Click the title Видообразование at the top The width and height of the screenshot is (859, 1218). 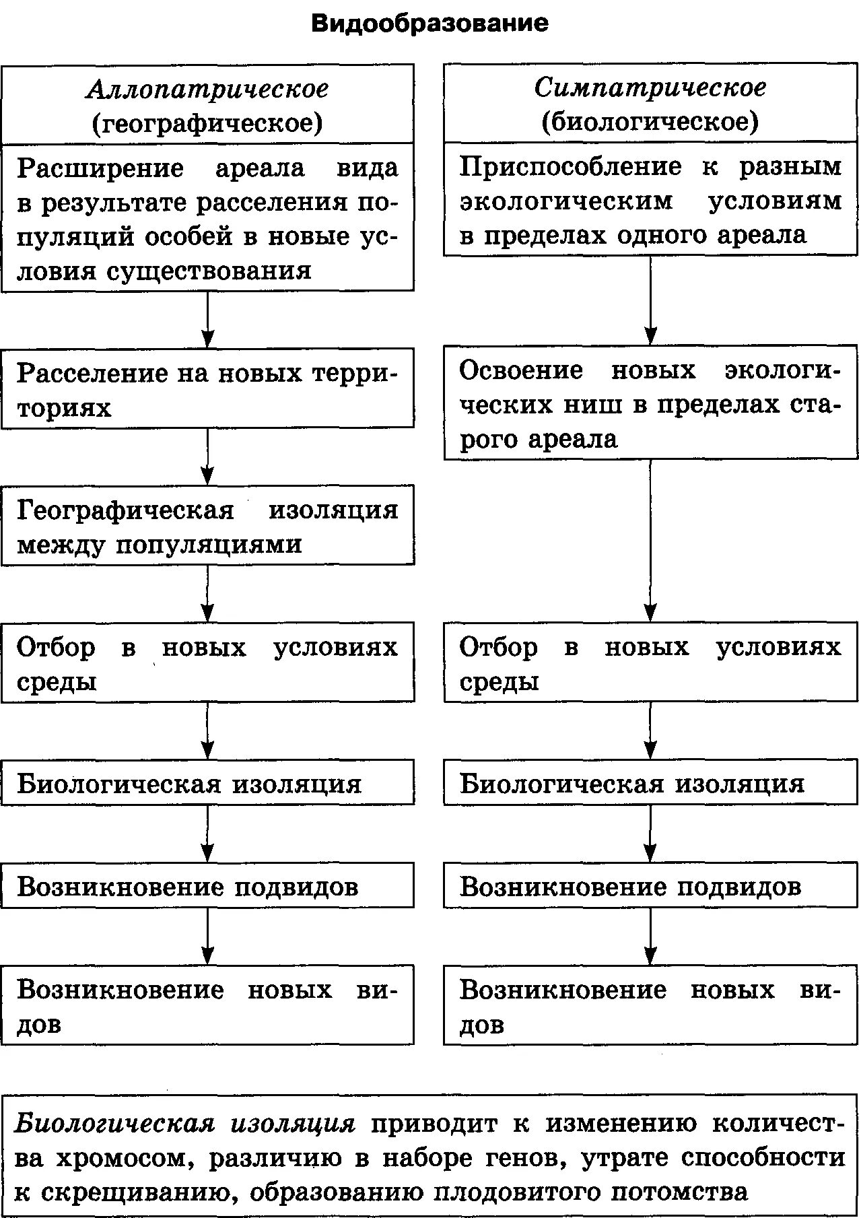click(429, 24)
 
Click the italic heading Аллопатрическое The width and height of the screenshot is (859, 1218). click(207, 89)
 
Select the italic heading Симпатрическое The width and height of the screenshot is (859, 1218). click(650, 88)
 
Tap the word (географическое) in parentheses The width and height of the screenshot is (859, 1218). click(207, 123)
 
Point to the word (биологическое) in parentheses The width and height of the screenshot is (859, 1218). click(650, 122)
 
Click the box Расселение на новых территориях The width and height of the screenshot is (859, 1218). click(207, 388)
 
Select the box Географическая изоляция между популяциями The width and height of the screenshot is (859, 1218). click(207, 525)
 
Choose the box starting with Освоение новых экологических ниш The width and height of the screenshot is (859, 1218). click(650, 404)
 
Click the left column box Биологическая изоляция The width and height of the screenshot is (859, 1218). click(207, 782)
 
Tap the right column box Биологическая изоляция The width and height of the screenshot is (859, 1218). click(650, 782)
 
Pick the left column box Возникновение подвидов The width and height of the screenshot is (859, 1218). click(207, 885)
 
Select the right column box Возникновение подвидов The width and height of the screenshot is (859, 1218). click(650, 885)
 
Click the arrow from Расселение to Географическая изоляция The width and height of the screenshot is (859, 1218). click(207, 456)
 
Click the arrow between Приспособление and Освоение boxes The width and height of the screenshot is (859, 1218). click(650, 300)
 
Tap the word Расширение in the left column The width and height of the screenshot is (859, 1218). click(100, 168)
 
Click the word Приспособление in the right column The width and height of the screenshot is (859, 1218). click(570, 166)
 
